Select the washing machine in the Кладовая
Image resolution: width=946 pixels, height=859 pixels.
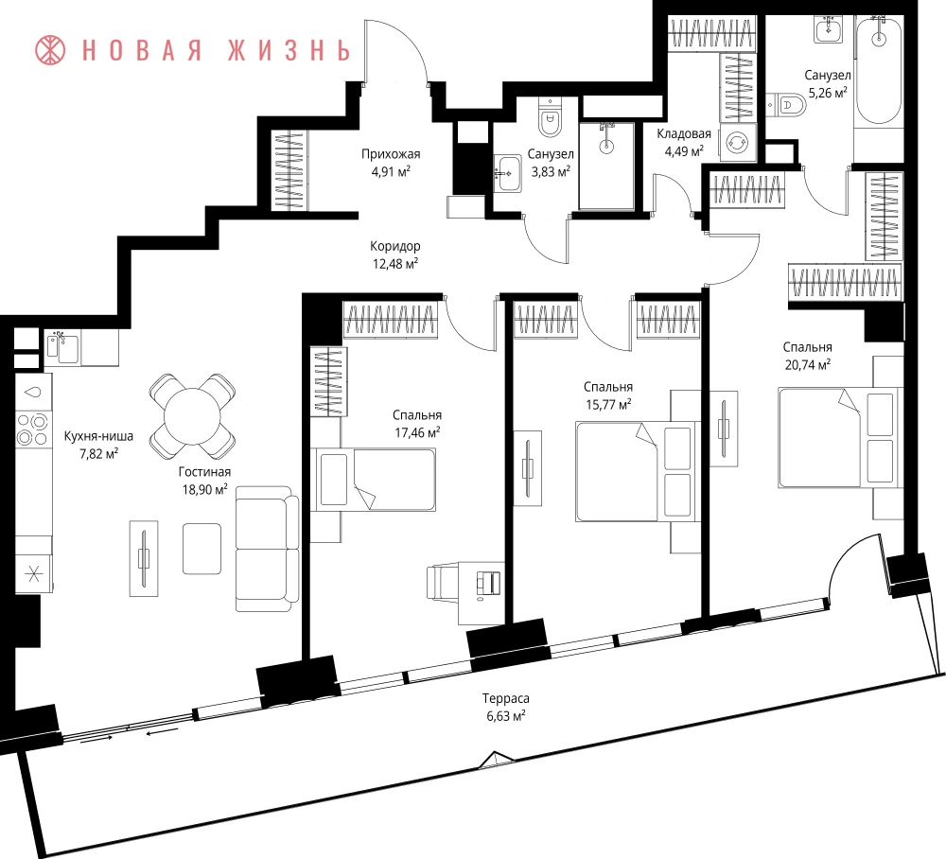coord(737,143)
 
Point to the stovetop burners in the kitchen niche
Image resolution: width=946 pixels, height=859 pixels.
coord(32,429)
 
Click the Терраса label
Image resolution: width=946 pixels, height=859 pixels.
coord(505,698)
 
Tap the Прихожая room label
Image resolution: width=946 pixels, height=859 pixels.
coord(391,154)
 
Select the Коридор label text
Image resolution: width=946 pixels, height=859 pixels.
coord(395,246)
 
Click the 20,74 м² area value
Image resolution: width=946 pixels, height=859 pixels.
coord(807,364)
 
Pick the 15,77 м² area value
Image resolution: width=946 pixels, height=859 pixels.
coord(608,404)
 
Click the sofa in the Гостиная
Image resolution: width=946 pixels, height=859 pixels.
coord(267,549)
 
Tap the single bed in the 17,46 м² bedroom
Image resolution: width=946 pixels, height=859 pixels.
coord(373,480)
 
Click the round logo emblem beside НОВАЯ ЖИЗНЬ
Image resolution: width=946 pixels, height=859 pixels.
coord(50,50)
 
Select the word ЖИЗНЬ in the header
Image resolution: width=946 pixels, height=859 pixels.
coord(289,51)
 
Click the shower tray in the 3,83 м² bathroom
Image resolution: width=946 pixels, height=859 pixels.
coord(606,166)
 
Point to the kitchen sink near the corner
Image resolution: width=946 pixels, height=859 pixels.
coord(62,348)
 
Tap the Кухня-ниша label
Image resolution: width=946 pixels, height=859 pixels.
coord(98,436)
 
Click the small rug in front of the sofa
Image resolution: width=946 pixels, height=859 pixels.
coord(201,549)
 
